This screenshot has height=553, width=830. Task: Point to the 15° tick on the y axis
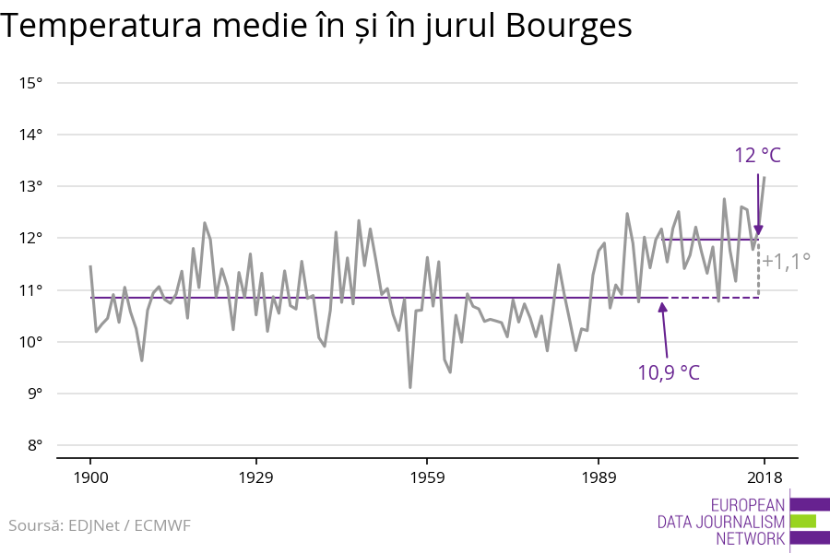pyautogui.click(x=31, y=83)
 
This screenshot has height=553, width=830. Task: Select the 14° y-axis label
pyautogui.click(x=31, y=135)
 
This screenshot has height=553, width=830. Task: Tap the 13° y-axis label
pyautogui.click(x=31, y=186)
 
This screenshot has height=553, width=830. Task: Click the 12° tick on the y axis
pyautogui.click(x=31, y=238)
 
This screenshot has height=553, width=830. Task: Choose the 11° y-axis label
pyautogui.click(x=31, y=290)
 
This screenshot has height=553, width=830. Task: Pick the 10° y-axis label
pyautogui.click(x=31, y=342)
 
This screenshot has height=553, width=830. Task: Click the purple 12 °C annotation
pyautogui.click(x=757, y=155)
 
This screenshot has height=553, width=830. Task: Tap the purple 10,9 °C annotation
pyautogui.click(x=669, y=373)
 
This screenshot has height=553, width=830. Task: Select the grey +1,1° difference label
pyautogui.click(x=787, y=261)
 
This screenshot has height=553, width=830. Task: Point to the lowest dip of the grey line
pyautogui.click(x=410, y=387)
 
